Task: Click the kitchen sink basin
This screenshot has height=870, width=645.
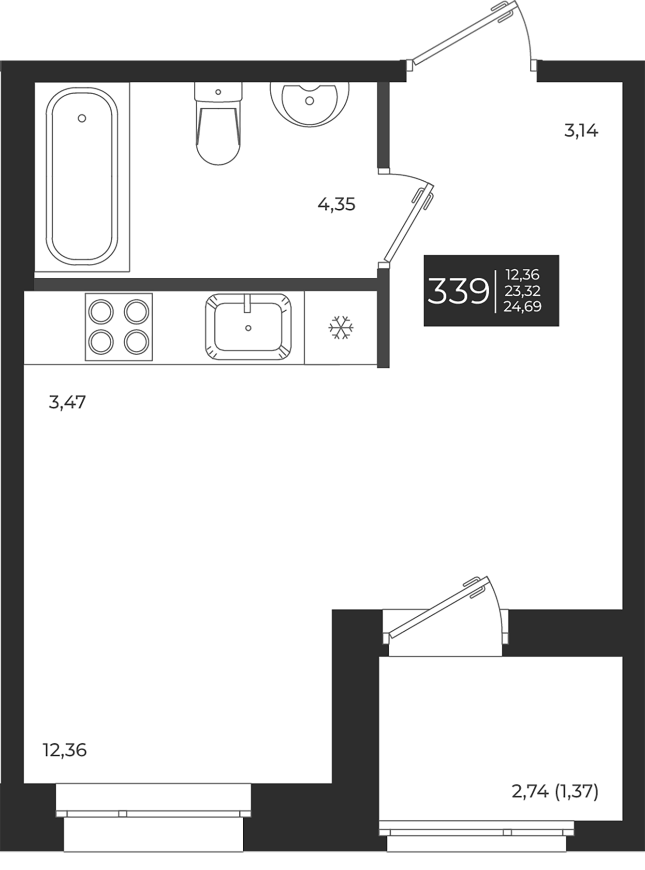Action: tap(248, 327)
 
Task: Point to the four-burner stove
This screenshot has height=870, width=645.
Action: tap(118, 327)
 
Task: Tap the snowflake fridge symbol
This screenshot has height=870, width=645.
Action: tap(341, 328)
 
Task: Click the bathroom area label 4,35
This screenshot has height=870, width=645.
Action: tap(337, 204)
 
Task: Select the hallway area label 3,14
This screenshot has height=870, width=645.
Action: tap(581, 130)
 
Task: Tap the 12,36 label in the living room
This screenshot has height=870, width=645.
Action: tap(64, 750)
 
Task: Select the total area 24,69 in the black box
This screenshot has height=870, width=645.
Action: tap(522, 306)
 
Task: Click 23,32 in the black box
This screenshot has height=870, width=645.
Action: tap(522, 291)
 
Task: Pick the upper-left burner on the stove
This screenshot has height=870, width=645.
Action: tap(101, 311)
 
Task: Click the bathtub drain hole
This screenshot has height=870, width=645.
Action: tap(82, 118)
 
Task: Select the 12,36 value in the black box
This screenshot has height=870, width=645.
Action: tap(522, 275)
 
